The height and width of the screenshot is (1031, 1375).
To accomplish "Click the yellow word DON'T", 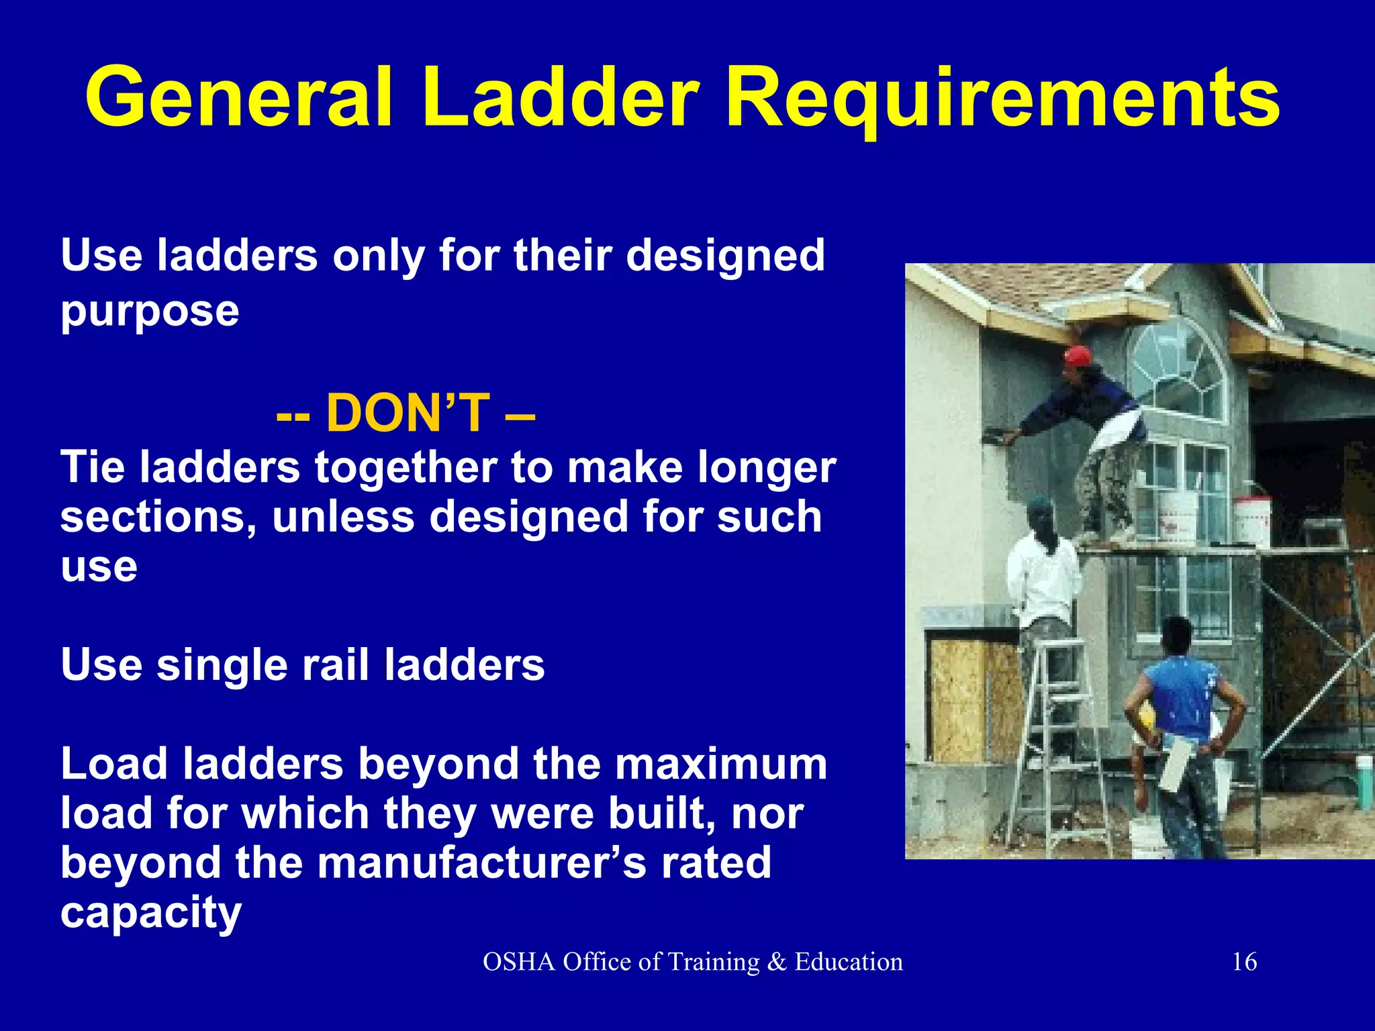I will tap(408, 413).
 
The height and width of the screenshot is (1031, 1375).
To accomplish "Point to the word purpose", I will tap(150, 311).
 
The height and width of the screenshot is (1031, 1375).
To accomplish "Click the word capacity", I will tap(151, 913).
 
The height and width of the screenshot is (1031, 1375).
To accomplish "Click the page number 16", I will tap(1244, 962).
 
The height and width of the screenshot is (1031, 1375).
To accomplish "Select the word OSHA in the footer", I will tap(519, 962).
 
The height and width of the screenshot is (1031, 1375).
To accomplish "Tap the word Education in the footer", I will tap(849, 962).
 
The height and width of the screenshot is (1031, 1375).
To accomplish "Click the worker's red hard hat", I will tap(1078, 356).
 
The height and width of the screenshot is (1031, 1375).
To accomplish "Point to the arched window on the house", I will tap(1175, 369).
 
